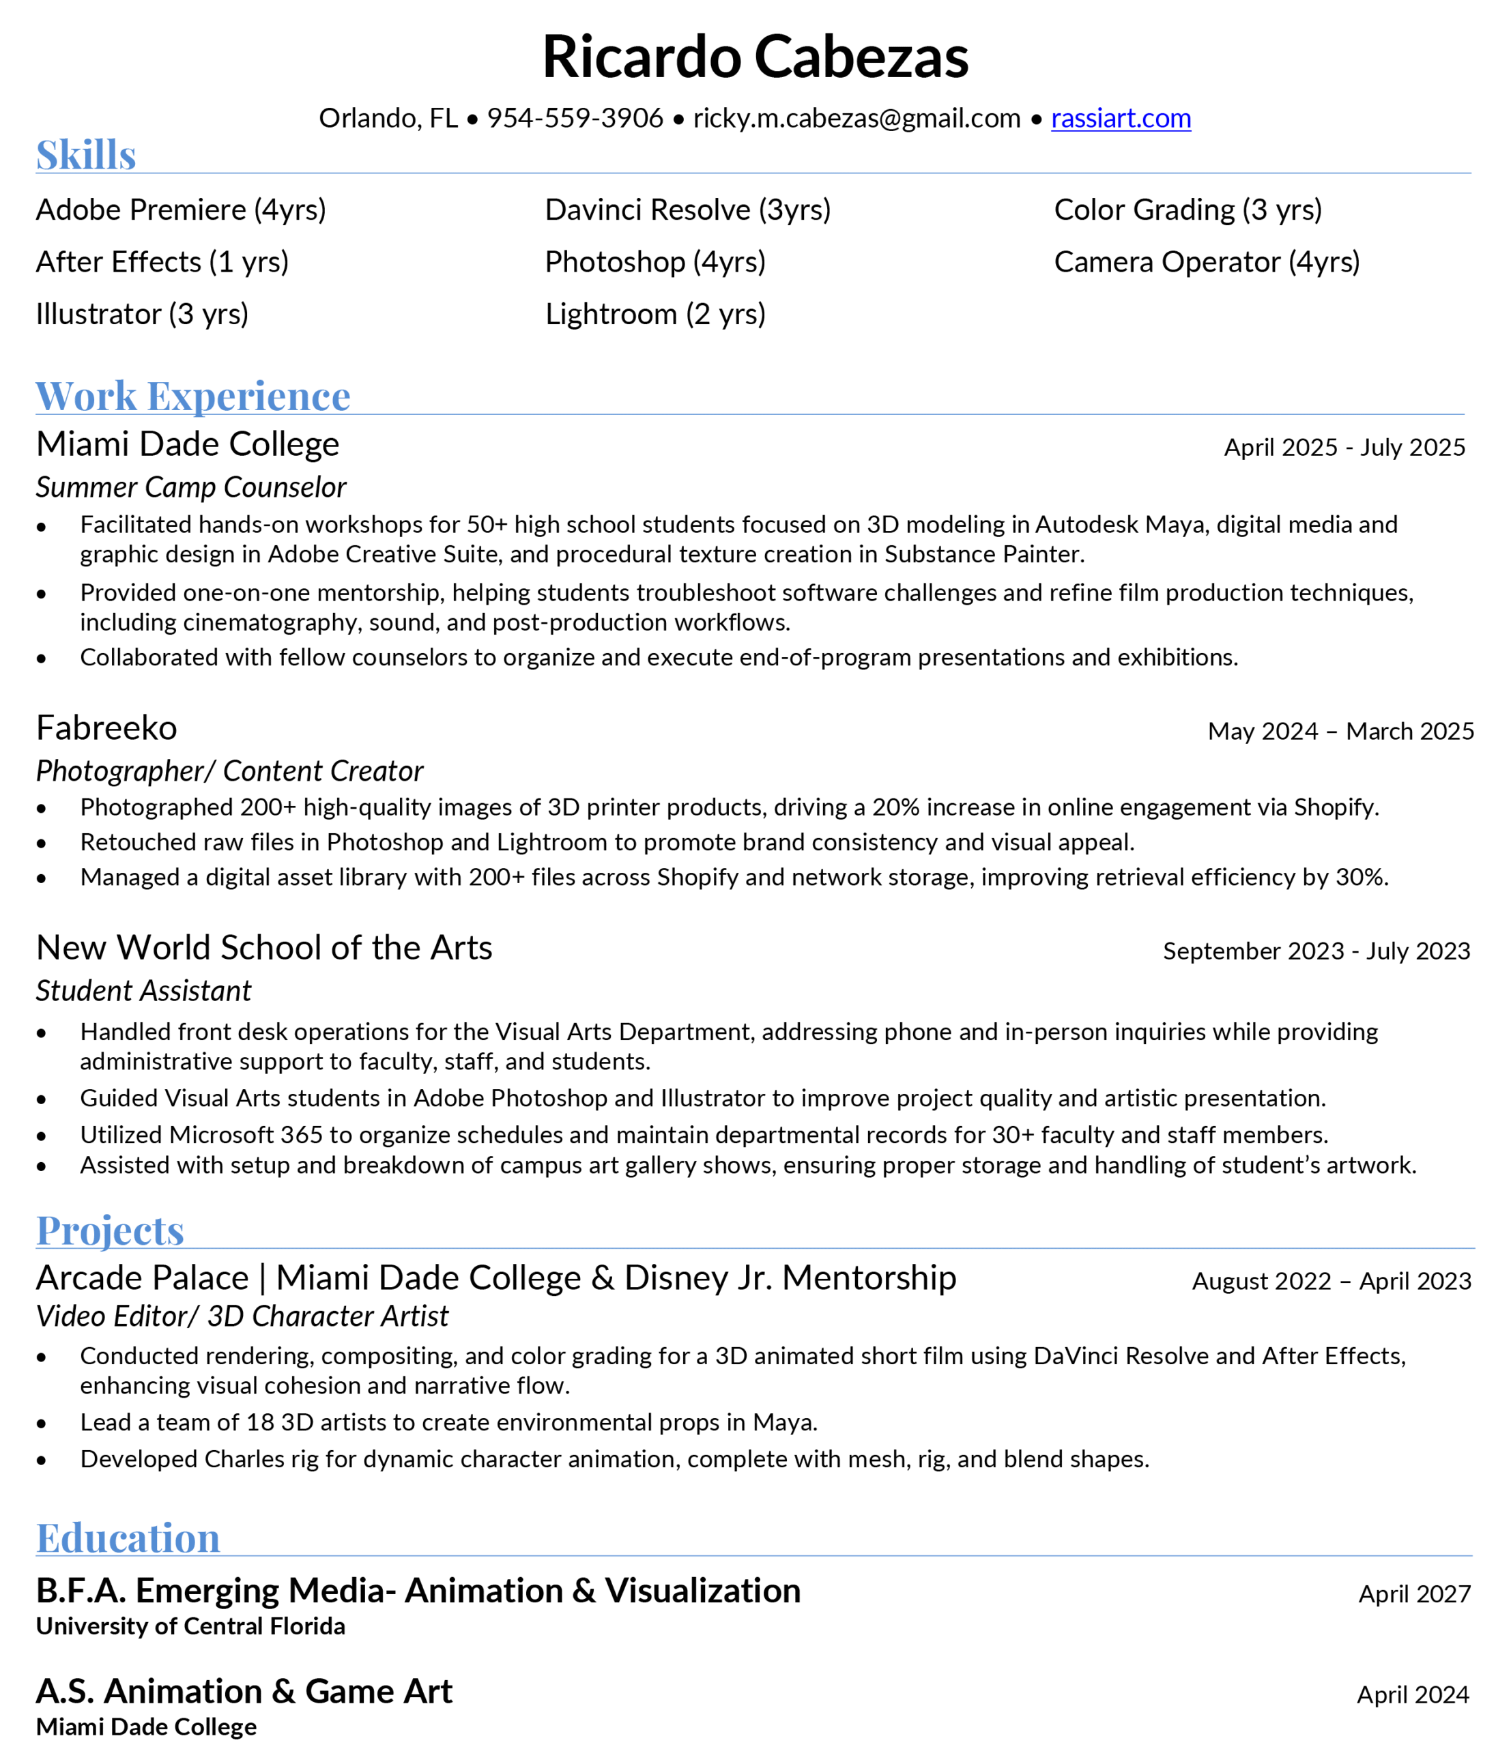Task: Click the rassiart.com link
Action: pyautogui.click(x=1121, y=118)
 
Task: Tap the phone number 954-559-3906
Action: pyautogui.click(x=575, y=118)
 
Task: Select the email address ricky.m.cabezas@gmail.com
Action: pyautogui.click(x=857, y=118)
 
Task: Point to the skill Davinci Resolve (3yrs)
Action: pyautogui.click(x=688, y=210)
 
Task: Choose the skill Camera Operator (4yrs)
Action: pyautogui.click(x=1207, y=262)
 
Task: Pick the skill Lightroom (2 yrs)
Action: pyautogui.click(x=655, y=315)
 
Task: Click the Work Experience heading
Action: pyautogui.click(x=193, y=396)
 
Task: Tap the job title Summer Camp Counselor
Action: pyautogui.click(x=191, y=487)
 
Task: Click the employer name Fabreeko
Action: pyautogui.click(x=107, y=727)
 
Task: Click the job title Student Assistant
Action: pyautogui.click(x=144, y=991)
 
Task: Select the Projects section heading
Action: pyautogui.click(x=111, y=1230)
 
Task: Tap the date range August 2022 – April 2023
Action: pyautogui.click(x=1332, y=1282)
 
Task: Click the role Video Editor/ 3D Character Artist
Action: pyautogui.click(x=243, y=1316)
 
